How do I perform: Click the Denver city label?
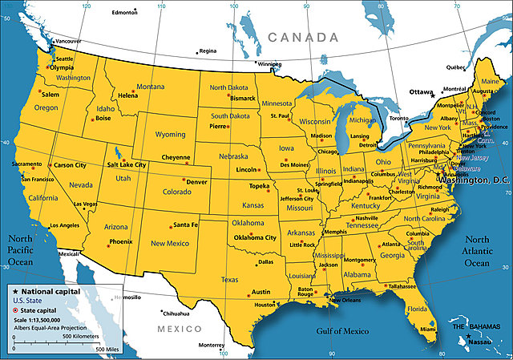point(197,182)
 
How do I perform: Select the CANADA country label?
point(302,37)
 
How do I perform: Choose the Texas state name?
point(229,280)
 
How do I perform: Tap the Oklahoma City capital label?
point(254,237)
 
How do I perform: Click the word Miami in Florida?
point(428,329)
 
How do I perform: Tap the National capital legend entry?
point(50,291)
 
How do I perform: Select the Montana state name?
point(151,87)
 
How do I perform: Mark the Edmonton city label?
point(124,13)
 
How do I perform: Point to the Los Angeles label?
point(64,225)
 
